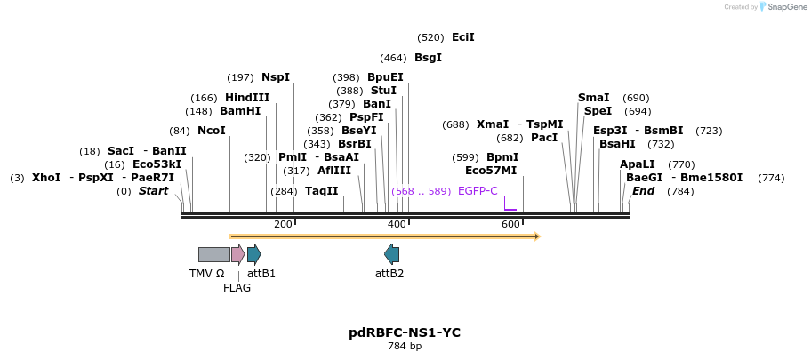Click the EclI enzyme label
click(x=463, y=37)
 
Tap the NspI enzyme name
click(x=276, y=77)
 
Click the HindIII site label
click(x=247, y=98)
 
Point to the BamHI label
click(x=240, y=111)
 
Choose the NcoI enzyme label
click(x=212, y=131)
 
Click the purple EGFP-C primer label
click(x=478, y=191)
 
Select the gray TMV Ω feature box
click(x=213, y=254)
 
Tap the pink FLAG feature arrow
click(x=237, y=254)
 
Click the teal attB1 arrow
click(x=254, y=254)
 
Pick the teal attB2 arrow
click(x=391, y=254)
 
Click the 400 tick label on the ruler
click(x=397, y=224)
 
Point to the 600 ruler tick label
click(x=510, y=224)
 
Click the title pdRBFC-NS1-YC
click(x=405, y=332)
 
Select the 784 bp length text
click(x=405, y=346)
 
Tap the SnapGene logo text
click(x=783, y=7)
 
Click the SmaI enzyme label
click(x=594, y=98)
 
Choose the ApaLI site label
click(x=638, y=164)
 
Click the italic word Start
click(x=153, y=191)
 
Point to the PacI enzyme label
click(x=544, y=138)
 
